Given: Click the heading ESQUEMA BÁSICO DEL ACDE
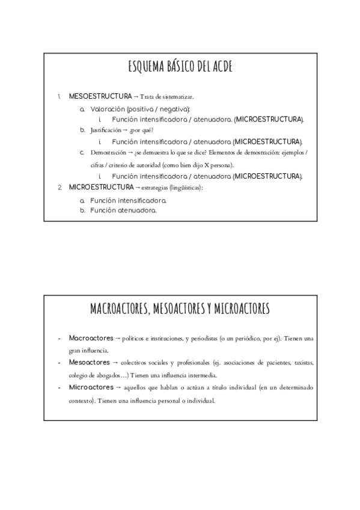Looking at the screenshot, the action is [x=180, y=67].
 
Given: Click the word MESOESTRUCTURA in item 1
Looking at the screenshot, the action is [x=100, y=96].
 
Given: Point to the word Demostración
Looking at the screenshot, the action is [x=108, y=153].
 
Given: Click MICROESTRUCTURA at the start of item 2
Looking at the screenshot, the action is [x=101, y=187].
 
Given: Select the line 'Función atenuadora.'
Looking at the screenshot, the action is [x=123, y=210].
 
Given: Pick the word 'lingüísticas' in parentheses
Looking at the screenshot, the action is [x=186, y=188].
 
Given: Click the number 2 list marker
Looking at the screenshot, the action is [x=60, y=187].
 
